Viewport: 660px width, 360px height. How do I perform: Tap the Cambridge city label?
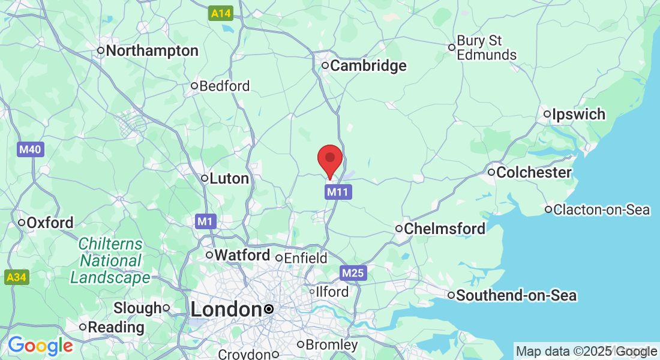click(x=368, y=65)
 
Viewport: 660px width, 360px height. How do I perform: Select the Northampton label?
click(x=152, y=51)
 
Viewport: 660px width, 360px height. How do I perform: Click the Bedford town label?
click(x=224, y=86)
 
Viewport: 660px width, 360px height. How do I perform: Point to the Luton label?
click(x=229, y=178)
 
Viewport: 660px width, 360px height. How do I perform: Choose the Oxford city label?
click(x=50, y=223)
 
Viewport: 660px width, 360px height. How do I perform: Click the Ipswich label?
click(x=578, y=114)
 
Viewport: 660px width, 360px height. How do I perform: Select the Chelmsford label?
click(x=445, y=229)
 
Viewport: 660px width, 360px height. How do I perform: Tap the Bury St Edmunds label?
click(x=486, y=47)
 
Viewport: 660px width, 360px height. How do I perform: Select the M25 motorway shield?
click(x=353, y=274)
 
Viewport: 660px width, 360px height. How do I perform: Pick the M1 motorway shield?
click(x=205, y=222)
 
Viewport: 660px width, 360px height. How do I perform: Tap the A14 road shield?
click(x=221, y=13)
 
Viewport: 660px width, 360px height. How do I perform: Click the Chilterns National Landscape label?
click(x=110, y=261)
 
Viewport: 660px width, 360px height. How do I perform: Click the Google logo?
click(x=40, y=346)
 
